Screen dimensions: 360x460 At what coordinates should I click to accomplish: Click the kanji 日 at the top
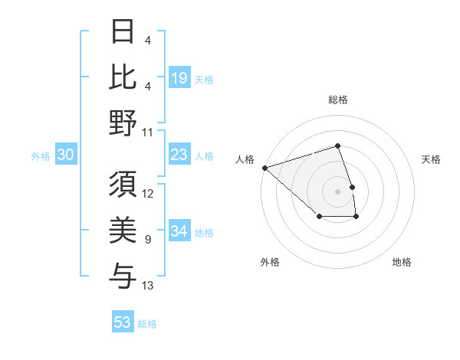(123, 31)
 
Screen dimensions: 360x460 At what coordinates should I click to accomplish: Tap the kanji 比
(123, 76)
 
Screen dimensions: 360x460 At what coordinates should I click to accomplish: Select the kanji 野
(123, 123)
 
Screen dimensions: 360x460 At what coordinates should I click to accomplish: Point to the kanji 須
(123, 185)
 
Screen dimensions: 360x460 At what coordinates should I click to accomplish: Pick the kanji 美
(123, 231)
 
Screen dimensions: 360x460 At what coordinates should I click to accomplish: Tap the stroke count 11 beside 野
(148, 132)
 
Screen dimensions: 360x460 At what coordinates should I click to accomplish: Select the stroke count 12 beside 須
(148, 194)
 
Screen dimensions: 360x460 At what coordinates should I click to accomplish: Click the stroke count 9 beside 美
(148, 240)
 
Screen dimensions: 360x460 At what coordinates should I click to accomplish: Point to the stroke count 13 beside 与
(148, 286)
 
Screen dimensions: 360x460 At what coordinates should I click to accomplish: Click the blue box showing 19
(179, 78)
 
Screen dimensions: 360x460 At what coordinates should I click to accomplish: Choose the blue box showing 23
(179, 155)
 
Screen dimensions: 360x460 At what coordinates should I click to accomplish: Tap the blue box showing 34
(179, 231)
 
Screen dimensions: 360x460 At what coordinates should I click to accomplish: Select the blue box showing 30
(65, 155)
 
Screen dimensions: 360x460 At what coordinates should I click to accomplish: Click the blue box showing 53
(123, 322)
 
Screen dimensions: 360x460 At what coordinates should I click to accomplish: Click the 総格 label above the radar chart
(337, 100)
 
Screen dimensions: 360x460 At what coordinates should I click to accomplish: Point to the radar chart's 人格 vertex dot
(264, 167)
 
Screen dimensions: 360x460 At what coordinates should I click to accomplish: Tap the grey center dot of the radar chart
(337, 191)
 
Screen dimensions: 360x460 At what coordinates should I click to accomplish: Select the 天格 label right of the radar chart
(432, 159)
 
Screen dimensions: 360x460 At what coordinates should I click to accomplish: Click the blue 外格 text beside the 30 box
(41, 156)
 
